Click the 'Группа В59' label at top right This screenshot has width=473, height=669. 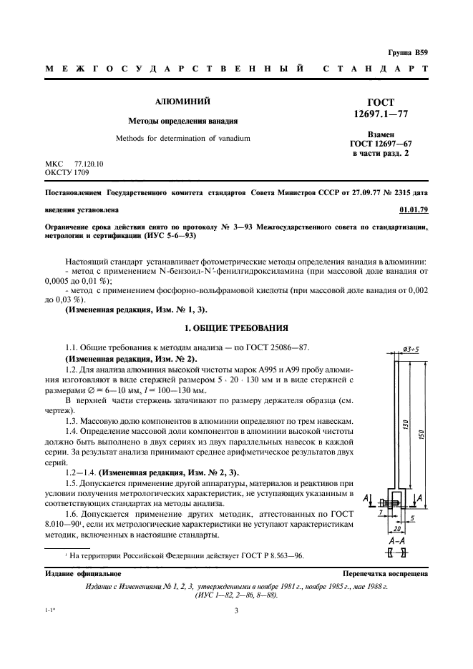(409, 52)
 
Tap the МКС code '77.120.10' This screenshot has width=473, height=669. (89, 164)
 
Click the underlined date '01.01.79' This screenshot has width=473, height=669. (413, 211)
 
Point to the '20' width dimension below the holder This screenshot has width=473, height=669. (394, 530)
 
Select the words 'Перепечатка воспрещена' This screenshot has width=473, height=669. (385, 573)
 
